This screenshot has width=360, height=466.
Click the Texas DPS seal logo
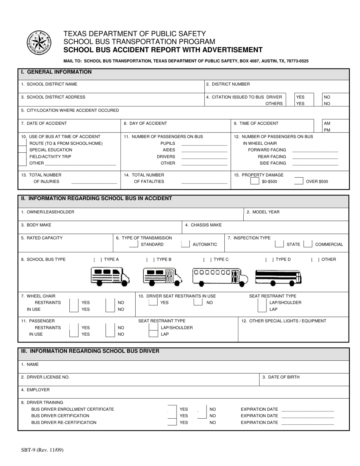tap(39, 42)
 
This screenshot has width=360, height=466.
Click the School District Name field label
tap(49, 84)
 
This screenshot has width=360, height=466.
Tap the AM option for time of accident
tap(327, 124)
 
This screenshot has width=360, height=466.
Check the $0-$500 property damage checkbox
tap(255, 181)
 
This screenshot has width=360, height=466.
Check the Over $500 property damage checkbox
tap(299, 181)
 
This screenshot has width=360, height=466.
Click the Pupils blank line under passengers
tap(204, 144)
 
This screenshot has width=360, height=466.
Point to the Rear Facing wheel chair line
tap(315, 157)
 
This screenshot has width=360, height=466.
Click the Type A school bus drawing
tap(110, 276)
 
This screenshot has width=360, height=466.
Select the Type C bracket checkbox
tap(207, 260)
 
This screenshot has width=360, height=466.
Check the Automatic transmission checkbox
tap(185, 244)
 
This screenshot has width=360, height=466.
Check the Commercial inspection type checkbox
tap(308, 244)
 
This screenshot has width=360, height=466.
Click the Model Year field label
tap(263, 212)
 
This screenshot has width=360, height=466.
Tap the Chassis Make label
tap(203, 225)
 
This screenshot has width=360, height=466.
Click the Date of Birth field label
tap(281, 377)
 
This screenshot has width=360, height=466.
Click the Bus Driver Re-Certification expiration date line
tap(308, 423)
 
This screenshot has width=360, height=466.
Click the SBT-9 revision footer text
tap(42, 450)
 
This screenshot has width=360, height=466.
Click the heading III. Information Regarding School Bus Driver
tap(90, 351)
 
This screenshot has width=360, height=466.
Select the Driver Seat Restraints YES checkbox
tap(153, 303)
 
